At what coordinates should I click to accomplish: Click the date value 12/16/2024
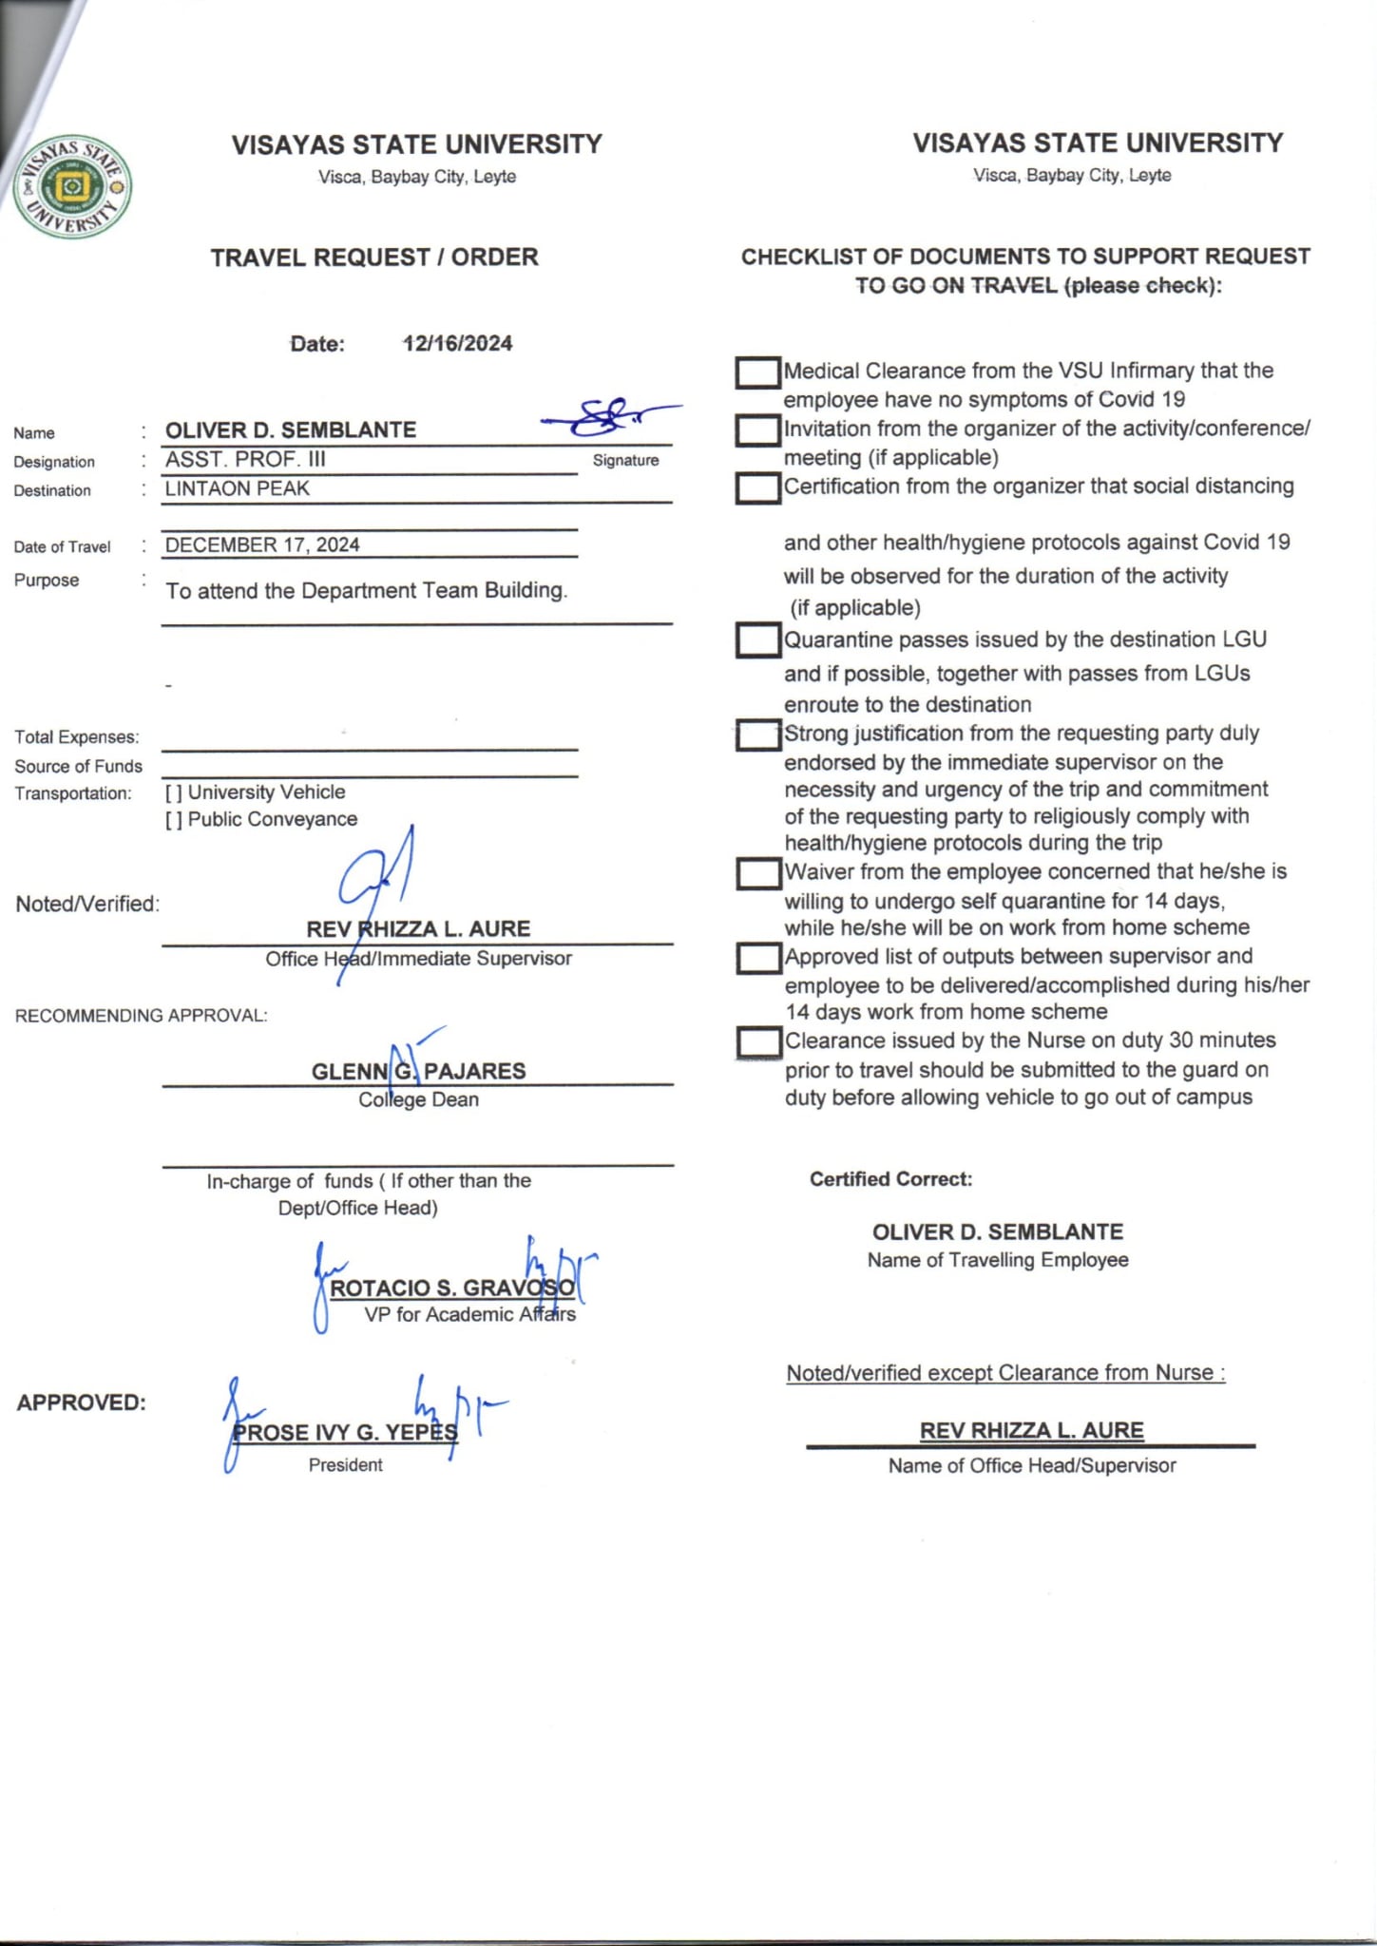point(457,343)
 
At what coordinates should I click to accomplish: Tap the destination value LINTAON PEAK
point(238,488)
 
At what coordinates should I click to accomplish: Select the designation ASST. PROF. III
point(245,459)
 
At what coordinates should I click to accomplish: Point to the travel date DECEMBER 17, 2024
point(262,544)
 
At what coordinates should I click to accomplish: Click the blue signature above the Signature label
point(608,415)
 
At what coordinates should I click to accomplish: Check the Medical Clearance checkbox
point(757,372)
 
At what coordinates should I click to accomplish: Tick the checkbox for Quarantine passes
point(757,640)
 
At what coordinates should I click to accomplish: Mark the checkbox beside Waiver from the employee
point(757,873)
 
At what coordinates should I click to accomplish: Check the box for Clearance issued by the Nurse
point(758,1042)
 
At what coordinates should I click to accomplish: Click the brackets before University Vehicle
point(174,792)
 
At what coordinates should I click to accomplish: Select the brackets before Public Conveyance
point(174,820)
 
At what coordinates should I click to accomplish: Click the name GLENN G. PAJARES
point(418,1071)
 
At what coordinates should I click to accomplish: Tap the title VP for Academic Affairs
point(469,1314)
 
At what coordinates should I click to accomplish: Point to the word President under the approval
point(345,1464)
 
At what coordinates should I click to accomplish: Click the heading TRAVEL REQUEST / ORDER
point(374,258)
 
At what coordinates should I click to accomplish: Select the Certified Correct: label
point(890,1179)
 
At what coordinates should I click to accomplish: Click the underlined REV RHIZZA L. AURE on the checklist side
point(1031,1430)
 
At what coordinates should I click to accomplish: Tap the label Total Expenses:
point(77,737)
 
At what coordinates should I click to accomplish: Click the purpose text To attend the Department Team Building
point(367,590)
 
